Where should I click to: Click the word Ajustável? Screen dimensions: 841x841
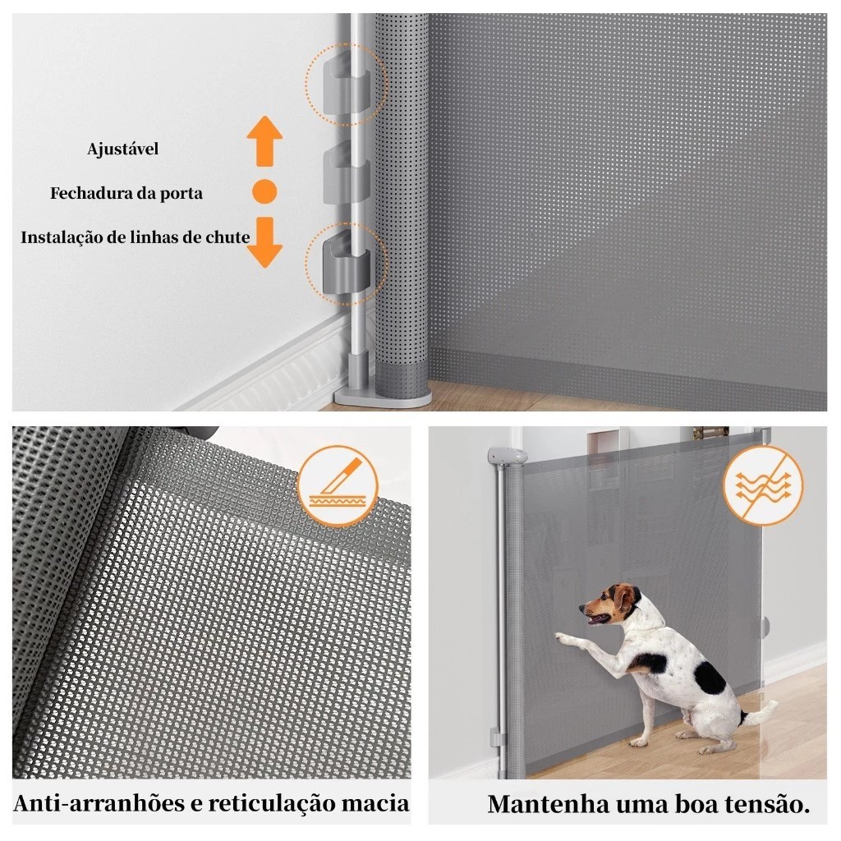(123, 149)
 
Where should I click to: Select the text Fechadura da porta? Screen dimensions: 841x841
(126, 193)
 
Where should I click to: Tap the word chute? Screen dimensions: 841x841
(228, 237)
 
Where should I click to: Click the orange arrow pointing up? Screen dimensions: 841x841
(264, 141)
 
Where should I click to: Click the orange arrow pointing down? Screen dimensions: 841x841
(264, 242)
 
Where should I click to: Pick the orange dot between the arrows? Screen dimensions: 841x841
(264, 191)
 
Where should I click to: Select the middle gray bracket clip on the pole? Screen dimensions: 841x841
(346, 174)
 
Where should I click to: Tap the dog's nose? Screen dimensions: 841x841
(582, 608)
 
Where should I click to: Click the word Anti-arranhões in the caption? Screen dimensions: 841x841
(99, 803)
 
